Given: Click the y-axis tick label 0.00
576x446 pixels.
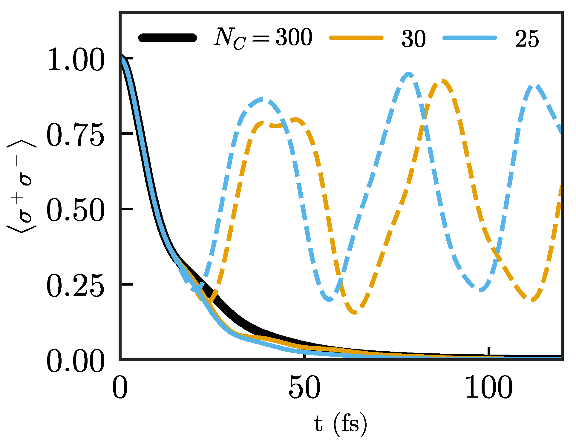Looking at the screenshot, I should click(76, 362).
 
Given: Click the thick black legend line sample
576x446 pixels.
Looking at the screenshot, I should click(168, 38).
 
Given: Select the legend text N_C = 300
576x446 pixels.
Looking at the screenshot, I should click(263, 38).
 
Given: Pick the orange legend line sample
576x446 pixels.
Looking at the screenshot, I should click(356, 38).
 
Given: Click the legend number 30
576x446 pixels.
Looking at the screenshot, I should click(414, 39).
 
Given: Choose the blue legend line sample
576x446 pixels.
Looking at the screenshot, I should click(470, 38).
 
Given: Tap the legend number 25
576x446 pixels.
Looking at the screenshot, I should click(527, 39).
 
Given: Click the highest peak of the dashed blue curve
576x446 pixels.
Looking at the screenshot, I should click(408, 74).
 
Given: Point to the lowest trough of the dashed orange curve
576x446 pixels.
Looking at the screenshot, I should click(355, 312).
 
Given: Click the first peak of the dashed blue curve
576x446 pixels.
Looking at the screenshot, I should click(263, 99).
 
